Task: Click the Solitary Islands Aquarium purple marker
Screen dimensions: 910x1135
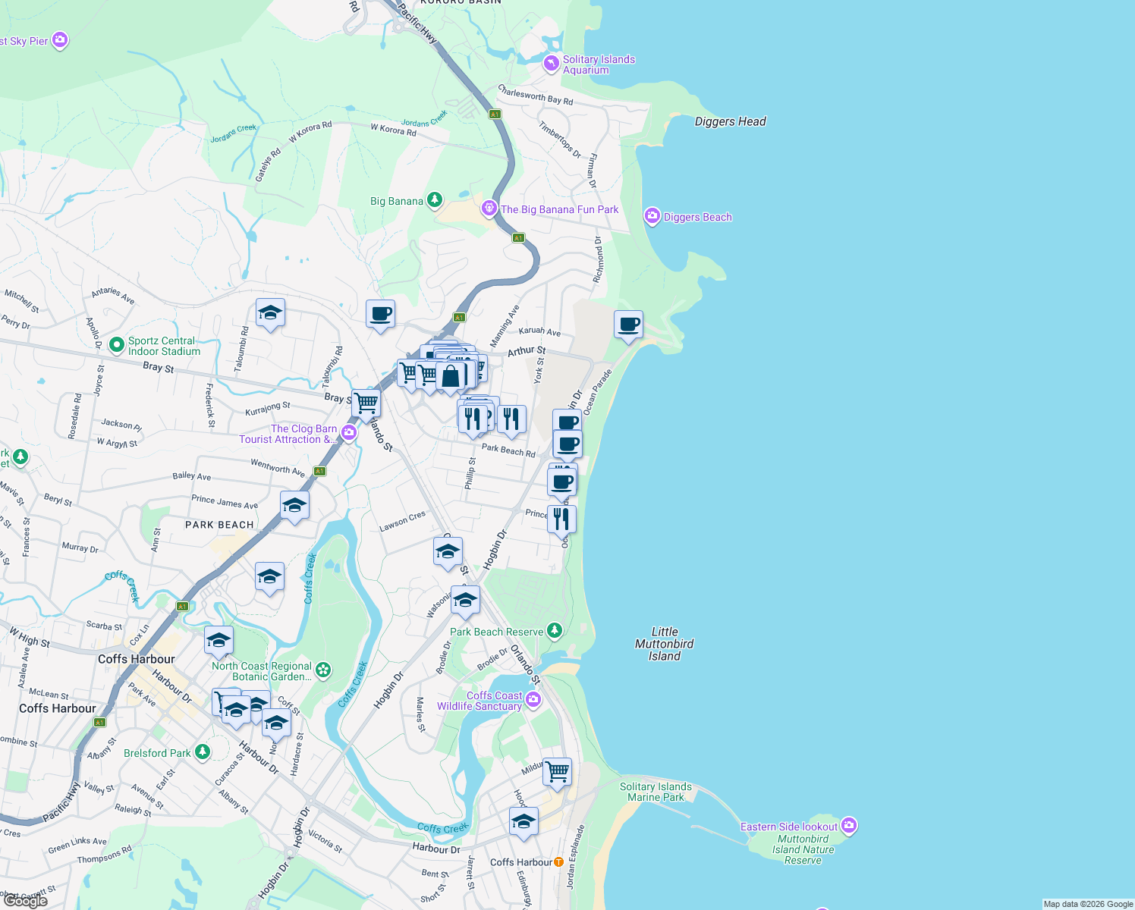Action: point(552,64)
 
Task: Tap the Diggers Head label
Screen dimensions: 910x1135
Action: point(730,121)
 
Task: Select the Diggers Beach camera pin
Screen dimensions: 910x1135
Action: point(652,216)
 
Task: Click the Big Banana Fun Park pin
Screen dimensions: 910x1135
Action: point(489,208)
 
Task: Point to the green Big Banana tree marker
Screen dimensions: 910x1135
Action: point(435,200)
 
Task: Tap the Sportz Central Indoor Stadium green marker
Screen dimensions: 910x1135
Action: point(116,345)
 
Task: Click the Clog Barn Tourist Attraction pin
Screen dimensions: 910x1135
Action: point(348,433)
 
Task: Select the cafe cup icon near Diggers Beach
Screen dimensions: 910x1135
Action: point(628,325)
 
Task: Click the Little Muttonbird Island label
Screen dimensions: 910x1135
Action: point(664,643)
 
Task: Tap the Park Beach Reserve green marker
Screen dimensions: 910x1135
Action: point(555,630)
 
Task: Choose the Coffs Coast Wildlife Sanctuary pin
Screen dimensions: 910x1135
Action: point(533,699)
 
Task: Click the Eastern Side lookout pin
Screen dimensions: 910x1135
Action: point(849,825)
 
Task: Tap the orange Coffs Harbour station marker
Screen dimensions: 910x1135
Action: point(559,861)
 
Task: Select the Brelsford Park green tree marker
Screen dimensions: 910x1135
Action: point(202,752)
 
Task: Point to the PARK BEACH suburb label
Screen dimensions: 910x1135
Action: point(219,525)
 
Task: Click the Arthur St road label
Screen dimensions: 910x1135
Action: point(527,351)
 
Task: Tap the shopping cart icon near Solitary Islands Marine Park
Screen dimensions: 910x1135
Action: point(558,772)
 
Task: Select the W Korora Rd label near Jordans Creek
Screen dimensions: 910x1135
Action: point(393,130)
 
